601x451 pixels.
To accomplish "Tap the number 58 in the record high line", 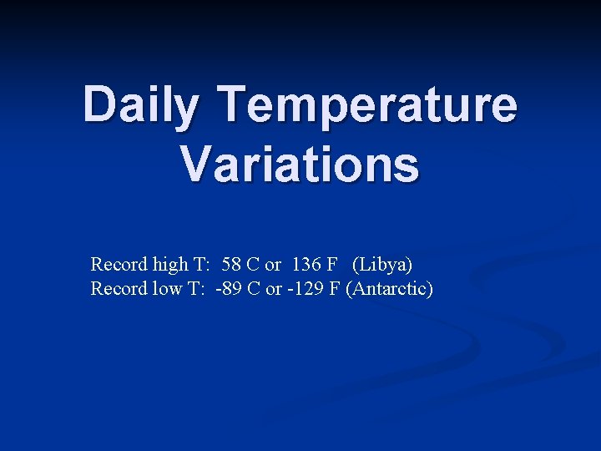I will [232, 265].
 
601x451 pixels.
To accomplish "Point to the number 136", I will [306, 265].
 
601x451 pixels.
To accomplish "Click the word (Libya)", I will [382, 265].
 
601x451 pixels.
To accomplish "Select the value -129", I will [300, 290].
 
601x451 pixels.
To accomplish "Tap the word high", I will [171, 265].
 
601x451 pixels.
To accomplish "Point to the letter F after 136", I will [332, 265].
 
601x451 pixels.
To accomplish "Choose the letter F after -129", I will [326, 290].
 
